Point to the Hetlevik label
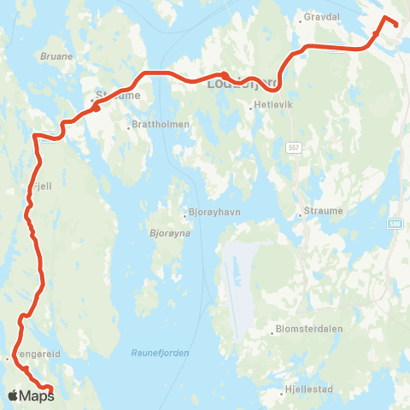[x=266, y=108]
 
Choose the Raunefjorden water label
[x=161, y=352]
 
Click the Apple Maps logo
[x=32, y=395]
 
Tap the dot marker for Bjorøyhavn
[x=184, y=215]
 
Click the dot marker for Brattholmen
[x=128, y=126]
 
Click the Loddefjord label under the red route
[x=243, y=83]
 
